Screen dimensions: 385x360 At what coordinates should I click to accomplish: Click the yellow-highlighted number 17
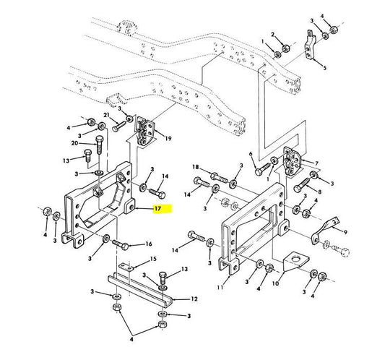click(157, 209)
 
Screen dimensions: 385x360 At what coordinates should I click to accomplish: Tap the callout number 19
click(168, 139)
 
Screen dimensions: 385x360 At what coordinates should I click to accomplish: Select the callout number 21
click(106, 115)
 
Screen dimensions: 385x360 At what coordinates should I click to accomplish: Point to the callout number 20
click(74, 143)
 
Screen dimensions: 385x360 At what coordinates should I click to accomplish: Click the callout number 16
click(149, 244)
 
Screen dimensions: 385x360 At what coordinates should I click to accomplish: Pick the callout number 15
click(153, 259)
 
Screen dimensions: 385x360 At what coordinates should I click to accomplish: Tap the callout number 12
click(194, 299)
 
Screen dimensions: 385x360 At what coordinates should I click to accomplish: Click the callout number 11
click(220, 287)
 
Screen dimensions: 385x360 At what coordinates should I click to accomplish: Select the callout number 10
click(275, 283)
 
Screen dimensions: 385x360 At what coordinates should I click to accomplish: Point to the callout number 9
click(345, 232)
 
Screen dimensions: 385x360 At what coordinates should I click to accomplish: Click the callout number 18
click(196, 167)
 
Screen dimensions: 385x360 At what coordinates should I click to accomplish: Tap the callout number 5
click(325, 67)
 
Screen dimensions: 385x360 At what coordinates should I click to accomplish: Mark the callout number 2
click(272, 35)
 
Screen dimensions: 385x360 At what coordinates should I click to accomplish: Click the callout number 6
click(251, 154)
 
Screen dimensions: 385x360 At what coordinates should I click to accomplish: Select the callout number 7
click(317, 163)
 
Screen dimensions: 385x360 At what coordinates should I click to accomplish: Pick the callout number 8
click(319, 192)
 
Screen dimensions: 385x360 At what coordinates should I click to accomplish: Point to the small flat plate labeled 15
click(126, 267)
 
